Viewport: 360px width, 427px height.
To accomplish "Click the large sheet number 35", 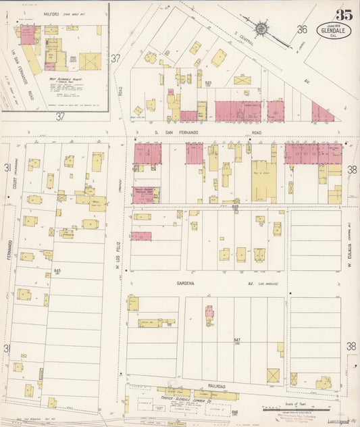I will [343, 13].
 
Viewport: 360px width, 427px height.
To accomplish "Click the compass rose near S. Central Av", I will [261, 29].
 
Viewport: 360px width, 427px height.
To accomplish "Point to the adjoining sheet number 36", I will [302, 29].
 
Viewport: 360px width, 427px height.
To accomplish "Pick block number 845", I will [57, 271].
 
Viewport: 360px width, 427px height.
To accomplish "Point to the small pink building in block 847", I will [209, 311].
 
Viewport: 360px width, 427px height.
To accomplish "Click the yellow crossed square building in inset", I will [89, 61].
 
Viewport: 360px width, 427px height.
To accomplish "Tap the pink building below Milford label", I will [27, 36].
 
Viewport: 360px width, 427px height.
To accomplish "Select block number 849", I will [209, 83].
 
